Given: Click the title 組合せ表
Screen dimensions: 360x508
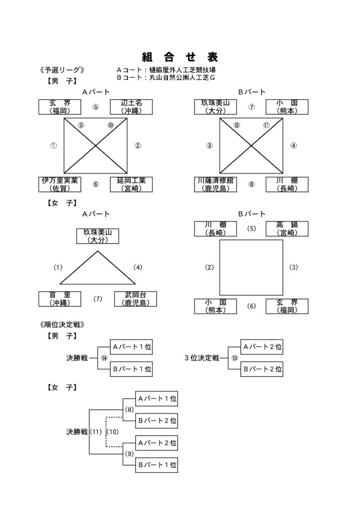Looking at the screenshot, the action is (x=180, y=58).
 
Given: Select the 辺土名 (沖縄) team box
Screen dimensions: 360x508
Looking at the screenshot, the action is (x=132, y=107).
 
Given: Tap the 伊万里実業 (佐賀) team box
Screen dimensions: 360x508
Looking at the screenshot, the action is (x=60, y=185).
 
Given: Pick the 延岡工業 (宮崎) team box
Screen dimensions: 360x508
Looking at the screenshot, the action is (x=132, y=185).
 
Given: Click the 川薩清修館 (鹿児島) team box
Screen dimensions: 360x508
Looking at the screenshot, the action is (x=216, y=185).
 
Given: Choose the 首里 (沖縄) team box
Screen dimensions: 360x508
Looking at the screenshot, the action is (x=60, y=299).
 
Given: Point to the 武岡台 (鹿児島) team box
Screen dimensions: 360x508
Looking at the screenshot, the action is (x=136, y=299).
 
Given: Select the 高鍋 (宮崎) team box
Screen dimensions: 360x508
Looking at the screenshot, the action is (x=287, y=229).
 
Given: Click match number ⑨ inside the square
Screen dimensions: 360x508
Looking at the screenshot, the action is (x=81, y=125).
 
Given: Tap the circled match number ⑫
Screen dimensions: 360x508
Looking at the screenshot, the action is (x=237, y=125).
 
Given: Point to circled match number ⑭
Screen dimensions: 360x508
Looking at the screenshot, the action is (x=104, y=358).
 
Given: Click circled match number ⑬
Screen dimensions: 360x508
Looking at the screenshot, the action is (x=234, y=358).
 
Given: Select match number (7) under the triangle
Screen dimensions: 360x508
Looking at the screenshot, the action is (x=98, y=299).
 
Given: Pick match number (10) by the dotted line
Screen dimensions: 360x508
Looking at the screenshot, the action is (x=113, y=432).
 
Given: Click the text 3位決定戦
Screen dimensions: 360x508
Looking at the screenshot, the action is (x=202, y=358).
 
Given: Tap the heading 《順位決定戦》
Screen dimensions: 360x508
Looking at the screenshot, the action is (x=62, y=324).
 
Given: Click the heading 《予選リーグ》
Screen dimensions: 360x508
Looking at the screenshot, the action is (x=62, y=70).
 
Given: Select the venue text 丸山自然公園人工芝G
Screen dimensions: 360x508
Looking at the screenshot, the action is (x=182, y=78).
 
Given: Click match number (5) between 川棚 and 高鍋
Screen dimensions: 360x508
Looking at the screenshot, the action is (x=251, y=228).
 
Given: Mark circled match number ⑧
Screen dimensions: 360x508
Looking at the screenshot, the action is (x=251, y=185).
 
